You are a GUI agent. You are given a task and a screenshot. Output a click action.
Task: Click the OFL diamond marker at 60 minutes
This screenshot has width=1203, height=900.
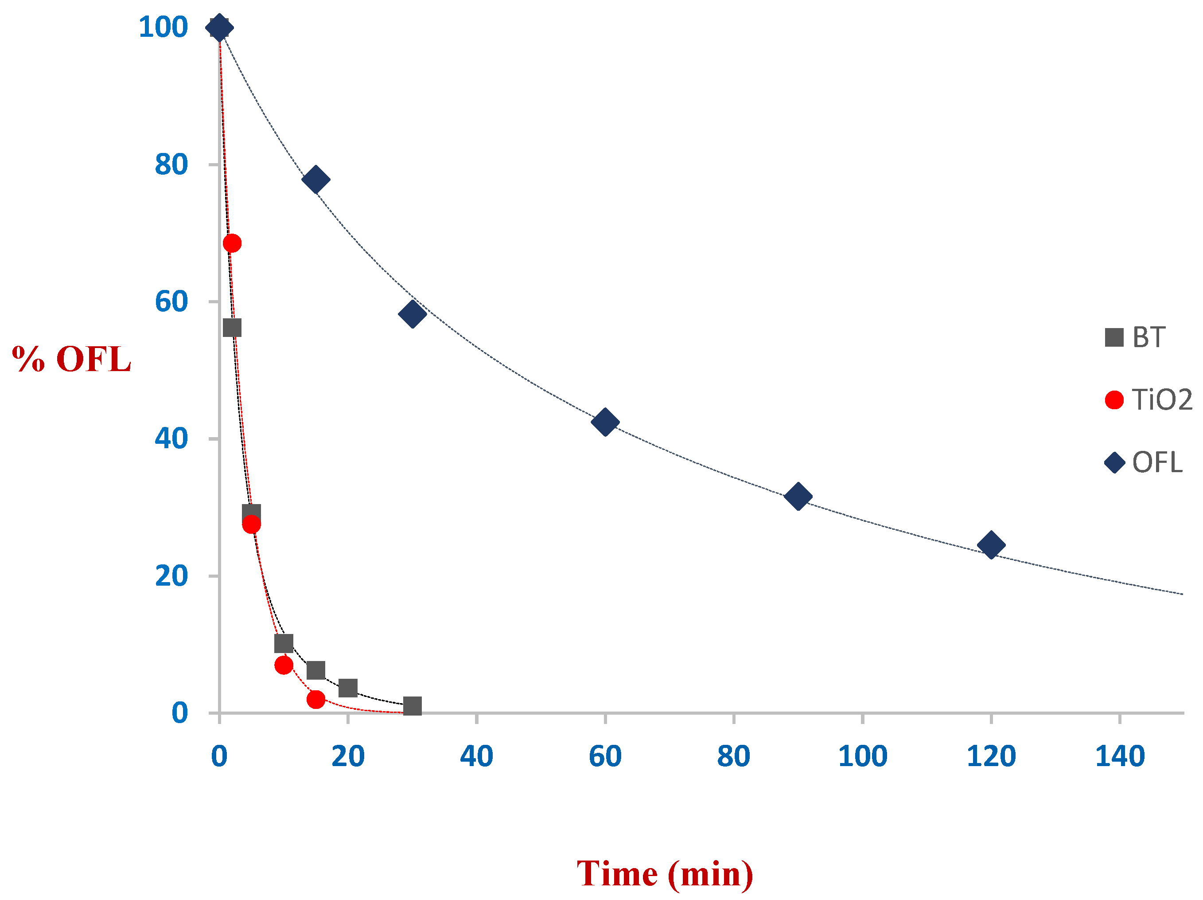605,422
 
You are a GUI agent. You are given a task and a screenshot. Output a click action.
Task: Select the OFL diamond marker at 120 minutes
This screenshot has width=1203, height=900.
991,545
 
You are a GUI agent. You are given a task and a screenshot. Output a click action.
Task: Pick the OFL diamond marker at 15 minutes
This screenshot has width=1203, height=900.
315,179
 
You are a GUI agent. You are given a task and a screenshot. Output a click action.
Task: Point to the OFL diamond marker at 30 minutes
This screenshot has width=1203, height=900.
412,313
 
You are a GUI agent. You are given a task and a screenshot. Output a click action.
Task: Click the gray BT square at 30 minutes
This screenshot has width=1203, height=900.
412,706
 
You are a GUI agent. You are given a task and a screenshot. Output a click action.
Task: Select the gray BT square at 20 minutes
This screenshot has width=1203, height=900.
347,688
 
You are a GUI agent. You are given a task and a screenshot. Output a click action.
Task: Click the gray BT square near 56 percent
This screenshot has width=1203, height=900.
232,328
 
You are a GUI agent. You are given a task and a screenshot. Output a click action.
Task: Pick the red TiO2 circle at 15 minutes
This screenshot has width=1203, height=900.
315,699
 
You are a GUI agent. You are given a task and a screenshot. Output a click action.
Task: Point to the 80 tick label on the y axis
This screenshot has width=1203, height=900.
171,164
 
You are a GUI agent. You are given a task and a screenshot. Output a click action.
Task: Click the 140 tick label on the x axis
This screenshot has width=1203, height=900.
1119,756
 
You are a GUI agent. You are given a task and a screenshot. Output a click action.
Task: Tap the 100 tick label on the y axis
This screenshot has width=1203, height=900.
163,27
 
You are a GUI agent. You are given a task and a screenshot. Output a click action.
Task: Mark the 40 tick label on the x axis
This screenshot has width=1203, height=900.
476,756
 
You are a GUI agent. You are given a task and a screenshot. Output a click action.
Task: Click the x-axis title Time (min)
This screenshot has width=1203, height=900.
665,828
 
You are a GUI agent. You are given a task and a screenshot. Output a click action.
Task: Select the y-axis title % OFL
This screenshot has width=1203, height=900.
72,359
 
